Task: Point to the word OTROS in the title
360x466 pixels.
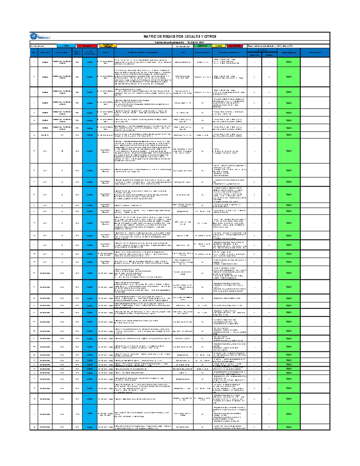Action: tap(211, 36)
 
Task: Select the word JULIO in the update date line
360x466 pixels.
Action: tap(192, 42)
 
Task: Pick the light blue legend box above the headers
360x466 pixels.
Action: tap(66, 46)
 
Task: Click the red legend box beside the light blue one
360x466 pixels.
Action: tap(87, 46)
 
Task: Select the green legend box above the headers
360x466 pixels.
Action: tap(202, 46)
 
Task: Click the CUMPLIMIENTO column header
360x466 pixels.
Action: tap(288, 53)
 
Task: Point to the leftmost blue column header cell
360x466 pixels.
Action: tap(34, 53)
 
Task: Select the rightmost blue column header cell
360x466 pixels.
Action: tap(315, 53)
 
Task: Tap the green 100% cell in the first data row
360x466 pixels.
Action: tap(288, 62)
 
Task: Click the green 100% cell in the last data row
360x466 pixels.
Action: tap(288, 427)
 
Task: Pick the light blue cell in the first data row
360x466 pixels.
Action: tap(90, 62)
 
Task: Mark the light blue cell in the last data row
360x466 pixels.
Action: tap(90, 427)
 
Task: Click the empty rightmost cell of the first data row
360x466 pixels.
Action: tap(315, 62)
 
